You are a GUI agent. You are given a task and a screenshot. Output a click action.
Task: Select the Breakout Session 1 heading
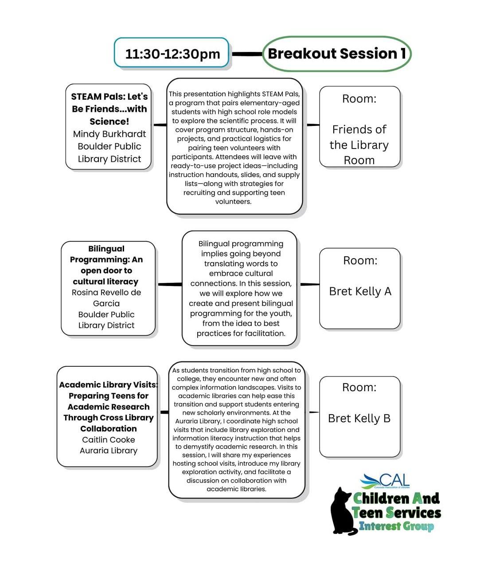tap(336, 54)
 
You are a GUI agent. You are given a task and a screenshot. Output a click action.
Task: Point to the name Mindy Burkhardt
tap(109, 134)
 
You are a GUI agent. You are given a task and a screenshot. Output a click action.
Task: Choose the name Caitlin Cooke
tap(108, 439)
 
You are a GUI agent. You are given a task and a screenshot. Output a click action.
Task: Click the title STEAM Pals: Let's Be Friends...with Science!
tap(109, 109)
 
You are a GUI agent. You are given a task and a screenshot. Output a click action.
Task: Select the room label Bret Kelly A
tap(360, 291)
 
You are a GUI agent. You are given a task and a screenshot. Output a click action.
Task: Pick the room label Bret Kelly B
tap(359, 418)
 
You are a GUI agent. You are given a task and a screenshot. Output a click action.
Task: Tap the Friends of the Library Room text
tap(359, 145)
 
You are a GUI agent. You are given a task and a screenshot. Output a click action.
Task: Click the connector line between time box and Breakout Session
tap(247, 54)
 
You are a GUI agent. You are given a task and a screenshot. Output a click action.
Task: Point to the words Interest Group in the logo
tap(396, 526)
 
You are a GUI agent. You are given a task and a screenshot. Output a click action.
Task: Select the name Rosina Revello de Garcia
tap(106, 298)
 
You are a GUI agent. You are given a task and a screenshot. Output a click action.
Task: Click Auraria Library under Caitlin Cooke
tap(108, 451)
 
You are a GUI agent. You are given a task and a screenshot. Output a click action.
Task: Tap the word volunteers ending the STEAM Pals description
tap(233, 201)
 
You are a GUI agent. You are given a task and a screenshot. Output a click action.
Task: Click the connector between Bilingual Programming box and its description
tap(169, 284)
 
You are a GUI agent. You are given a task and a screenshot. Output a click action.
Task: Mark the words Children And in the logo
tap(396, 498)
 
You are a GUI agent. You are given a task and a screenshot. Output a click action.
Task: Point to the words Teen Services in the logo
tap(397, 513)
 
